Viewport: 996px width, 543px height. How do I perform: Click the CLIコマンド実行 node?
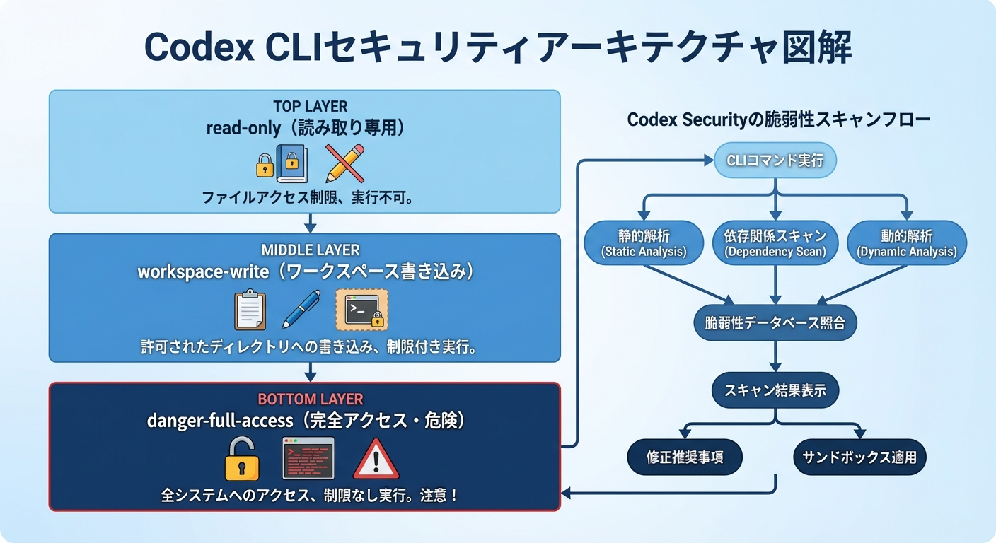click(x=776, y=160)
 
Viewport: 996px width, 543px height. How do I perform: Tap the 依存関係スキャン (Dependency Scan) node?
click(x=775, y=243)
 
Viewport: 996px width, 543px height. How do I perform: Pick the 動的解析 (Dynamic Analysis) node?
click(x=906, y=243)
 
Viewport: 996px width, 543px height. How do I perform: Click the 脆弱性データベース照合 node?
click(x=775, y=324)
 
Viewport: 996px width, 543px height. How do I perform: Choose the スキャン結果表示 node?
click(x=775, y=390)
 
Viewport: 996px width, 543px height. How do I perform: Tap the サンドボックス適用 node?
click(x=859, y=457)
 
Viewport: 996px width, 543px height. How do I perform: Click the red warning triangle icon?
click(x=376, y=459)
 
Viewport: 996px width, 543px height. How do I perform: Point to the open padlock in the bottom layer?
click(x=242, y=460)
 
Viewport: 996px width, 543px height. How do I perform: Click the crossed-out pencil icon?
click(x=344, y=163)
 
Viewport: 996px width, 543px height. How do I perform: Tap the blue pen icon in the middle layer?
click(x=301, y=309)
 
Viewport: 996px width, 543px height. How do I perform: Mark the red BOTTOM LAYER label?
click(x=310, y=399)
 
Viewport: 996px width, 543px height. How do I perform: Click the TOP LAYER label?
click(x=310, y=107)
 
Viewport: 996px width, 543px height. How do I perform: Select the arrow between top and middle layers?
click(x=309, y=223)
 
